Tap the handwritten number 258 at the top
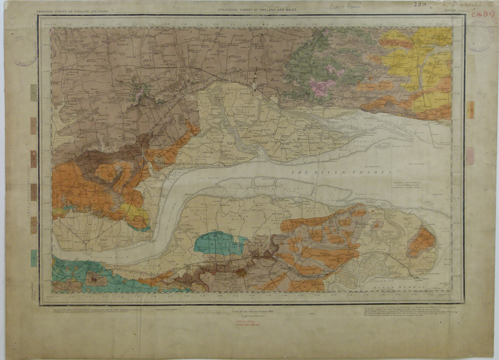pos(420,5)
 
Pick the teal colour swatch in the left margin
pos(33,258)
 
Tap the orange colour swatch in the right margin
pos(470,109)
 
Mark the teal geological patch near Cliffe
pos(218,243)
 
